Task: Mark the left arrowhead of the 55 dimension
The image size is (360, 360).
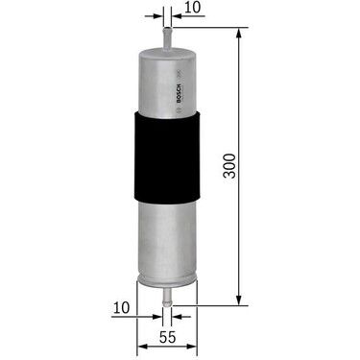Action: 141,324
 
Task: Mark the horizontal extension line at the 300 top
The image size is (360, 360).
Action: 206,28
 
